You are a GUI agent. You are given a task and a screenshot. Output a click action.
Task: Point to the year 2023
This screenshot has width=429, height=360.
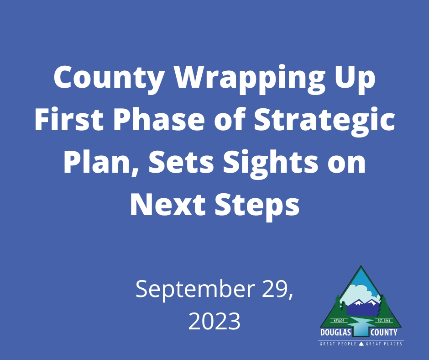tap(214, 322)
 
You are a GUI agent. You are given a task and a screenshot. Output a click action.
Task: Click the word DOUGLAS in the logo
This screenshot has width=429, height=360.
tap(335, 333)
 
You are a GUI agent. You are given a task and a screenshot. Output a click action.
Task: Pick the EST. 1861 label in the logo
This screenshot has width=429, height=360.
tap(383, 321)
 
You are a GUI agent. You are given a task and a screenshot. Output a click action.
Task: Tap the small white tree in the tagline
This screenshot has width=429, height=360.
tap(361, 344)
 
